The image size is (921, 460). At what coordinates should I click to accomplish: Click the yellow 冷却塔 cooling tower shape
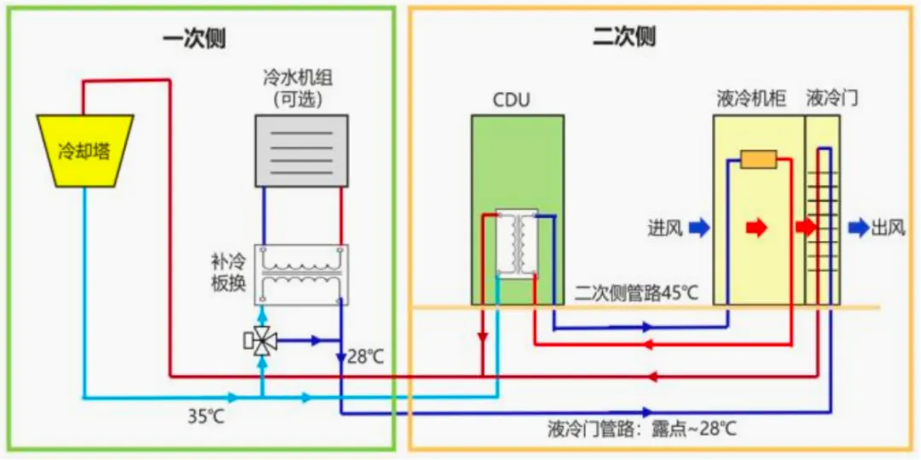click(85, 151)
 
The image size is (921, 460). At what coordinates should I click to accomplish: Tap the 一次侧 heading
click(194, 38)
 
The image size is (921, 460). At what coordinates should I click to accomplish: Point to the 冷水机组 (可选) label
click(297, 88)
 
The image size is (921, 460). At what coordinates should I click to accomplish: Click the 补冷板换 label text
click(229, 272)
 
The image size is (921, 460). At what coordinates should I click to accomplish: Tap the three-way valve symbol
click(262, 341)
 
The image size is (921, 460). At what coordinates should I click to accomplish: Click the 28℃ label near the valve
click(366, 356)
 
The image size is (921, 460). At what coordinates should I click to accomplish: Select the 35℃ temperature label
click(206, 417)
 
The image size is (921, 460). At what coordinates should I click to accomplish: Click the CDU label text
click(511, 101)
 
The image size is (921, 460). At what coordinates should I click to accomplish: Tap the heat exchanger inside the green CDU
click(517, 243)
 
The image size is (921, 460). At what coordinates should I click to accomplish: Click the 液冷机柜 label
click(751, 99)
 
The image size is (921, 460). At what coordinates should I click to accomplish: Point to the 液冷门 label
click(831, 99)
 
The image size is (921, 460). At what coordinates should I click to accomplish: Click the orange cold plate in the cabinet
click(758, 160)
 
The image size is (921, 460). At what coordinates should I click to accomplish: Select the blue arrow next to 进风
click(698, 228)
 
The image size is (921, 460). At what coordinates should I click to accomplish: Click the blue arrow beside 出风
click(859, 228)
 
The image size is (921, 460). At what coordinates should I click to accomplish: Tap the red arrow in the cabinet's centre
click(756, 228)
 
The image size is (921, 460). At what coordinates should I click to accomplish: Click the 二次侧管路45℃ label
click(636, 294)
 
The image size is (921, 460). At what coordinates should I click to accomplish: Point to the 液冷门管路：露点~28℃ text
click(642, 428)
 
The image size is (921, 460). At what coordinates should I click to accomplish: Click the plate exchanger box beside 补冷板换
click(301, 275)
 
